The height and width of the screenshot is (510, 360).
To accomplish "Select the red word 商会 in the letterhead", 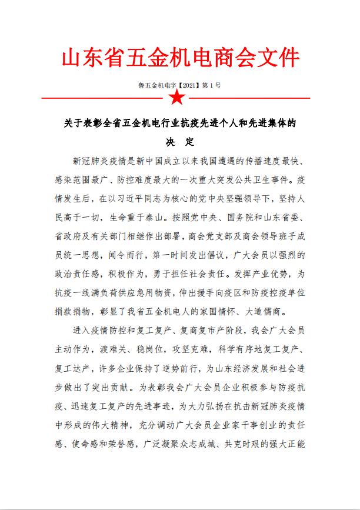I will point(231,59).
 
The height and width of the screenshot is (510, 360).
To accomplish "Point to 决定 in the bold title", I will point(179,142).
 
